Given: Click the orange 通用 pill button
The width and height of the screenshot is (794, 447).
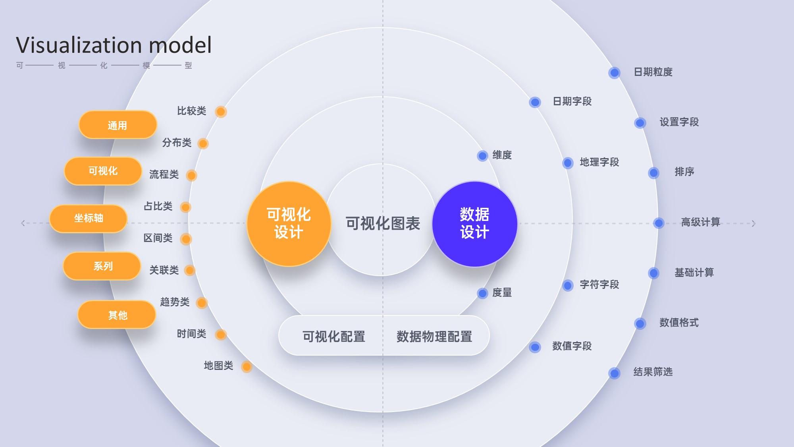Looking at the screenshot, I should tap(118, 125).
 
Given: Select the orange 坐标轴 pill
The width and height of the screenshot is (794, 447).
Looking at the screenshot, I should tap(89, 218).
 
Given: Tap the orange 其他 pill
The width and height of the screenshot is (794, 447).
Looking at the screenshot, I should tap(117, 315).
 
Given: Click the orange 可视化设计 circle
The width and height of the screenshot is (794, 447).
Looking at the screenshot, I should tap(289, 224).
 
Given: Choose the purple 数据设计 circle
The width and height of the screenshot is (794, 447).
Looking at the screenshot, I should tap(474, 224).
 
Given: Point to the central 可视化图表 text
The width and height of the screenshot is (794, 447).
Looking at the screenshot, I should tap(383, 224).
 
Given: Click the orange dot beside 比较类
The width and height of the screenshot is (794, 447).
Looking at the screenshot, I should tap(221, 112).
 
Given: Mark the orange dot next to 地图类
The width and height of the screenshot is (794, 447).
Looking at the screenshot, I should tap(247, 366).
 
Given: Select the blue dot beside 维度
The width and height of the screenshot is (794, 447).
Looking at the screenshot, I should tap(482, 156).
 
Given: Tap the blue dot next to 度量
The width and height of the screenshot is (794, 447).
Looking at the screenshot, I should tap(482, 294).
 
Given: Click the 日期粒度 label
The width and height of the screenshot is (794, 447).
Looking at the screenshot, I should tap(653, 72).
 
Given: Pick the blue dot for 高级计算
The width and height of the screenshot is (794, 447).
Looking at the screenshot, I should tap(659, 223).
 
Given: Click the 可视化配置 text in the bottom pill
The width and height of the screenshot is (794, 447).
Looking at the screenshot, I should tap(333, 337).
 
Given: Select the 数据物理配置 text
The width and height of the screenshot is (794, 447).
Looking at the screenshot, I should tap(434, 337).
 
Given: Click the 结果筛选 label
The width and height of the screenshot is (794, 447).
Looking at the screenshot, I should tap(653, 372).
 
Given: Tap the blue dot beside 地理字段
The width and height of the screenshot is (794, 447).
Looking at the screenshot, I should tap(568, 163).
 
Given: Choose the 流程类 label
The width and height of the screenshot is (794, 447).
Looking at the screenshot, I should tap(164, 174).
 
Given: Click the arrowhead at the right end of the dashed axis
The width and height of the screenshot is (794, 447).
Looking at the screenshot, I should tap(754, 223).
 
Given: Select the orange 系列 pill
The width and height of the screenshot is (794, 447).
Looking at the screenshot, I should tap(102, 266).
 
